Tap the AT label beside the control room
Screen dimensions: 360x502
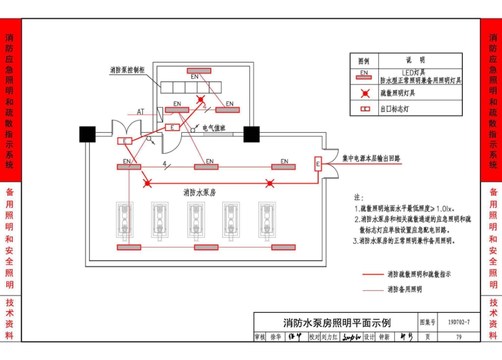[141, 112]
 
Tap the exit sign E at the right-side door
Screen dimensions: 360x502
[318, 164]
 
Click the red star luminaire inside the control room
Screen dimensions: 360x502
[200, 99]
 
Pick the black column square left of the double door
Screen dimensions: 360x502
[87, 134]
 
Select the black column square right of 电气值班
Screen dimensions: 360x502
[252, 134]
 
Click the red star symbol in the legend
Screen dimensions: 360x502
[364, 94]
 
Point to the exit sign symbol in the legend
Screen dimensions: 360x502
[364, 109]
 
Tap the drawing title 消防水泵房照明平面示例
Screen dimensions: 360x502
[337, 322]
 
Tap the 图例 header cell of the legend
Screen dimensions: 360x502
[364, 61]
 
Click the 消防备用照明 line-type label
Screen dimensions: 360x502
[404, 290]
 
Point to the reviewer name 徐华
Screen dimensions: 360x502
[275, 337]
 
